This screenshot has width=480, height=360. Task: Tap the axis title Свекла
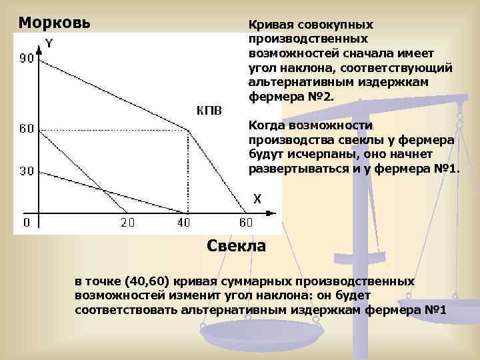pyautogui.click(x=236, y=246)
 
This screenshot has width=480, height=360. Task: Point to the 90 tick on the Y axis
pyautogui.click(x=27, y=59)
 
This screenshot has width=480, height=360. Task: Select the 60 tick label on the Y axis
pyautogui.click(x=27, y=129)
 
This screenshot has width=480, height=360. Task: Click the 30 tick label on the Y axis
pyautogui.click(x=27, y=171)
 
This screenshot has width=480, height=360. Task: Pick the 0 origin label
pyautogui.click(x=27, y=222)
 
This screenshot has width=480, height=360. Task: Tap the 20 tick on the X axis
pyautogui.click(x=127, y=223)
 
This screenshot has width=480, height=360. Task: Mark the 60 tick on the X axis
pyautogui.click(x=246, y=223)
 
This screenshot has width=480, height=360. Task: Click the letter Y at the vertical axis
pyautogui.click(x=49, y=45)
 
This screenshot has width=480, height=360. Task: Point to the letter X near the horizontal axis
pyautogui.click(x=257, y=199)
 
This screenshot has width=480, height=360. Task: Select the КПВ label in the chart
pyautogui.click(x=209, y=110)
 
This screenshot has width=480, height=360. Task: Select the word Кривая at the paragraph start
pyautogui.click(x=270, y=25)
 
